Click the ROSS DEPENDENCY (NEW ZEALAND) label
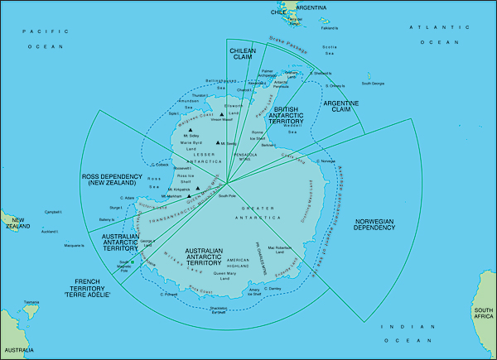113,181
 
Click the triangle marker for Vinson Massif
221,115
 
